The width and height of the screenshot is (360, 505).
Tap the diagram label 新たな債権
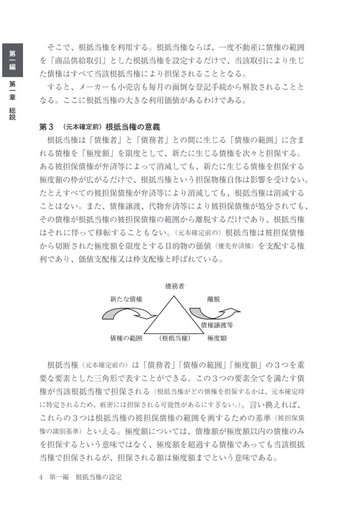click(126, 299)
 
